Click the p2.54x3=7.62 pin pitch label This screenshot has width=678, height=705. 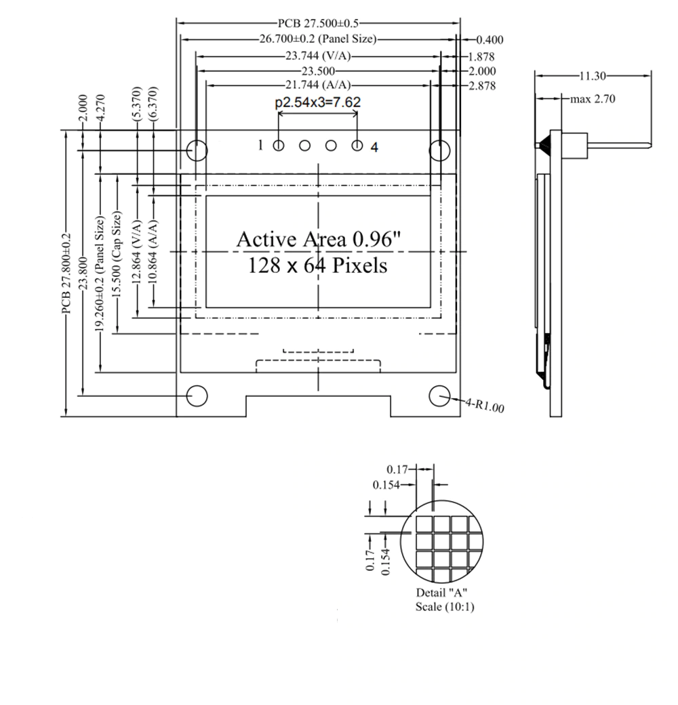pos(317,103)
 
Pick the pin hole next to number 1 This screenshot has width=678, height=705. pos(279,145)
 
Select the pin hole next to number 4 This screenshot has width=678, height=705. pos(358,145)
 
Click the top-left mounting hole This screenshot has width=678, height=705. pos(197,150)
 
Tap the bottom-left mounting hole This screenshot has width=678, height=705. pos(197,396)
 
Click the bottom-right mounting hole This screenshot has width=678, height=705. pos(440,396)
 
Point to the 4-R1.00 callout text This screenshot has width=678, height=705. pos(485,406)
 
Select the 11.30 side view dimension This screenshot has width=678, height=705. pos(593,76)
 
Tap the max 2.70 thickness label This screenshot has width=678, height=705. pos(593,99)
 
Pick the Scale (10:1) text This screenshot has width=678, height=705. pos(445,607)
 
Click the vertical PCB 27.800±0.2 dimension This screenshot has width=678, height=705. pos(66,274)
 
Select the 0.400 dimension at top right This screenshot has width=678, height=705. pos(490,41)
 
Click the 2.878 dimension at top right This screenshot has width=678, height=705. pos(482,86)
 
